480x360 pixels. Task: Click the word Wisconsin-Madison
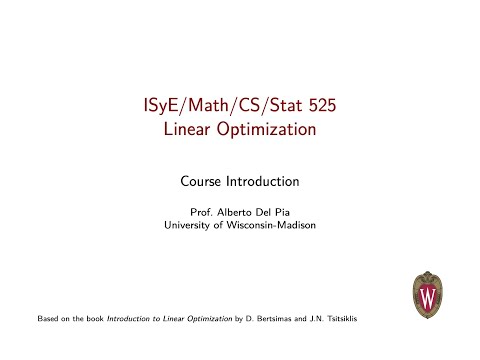[x=270, y=225]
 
